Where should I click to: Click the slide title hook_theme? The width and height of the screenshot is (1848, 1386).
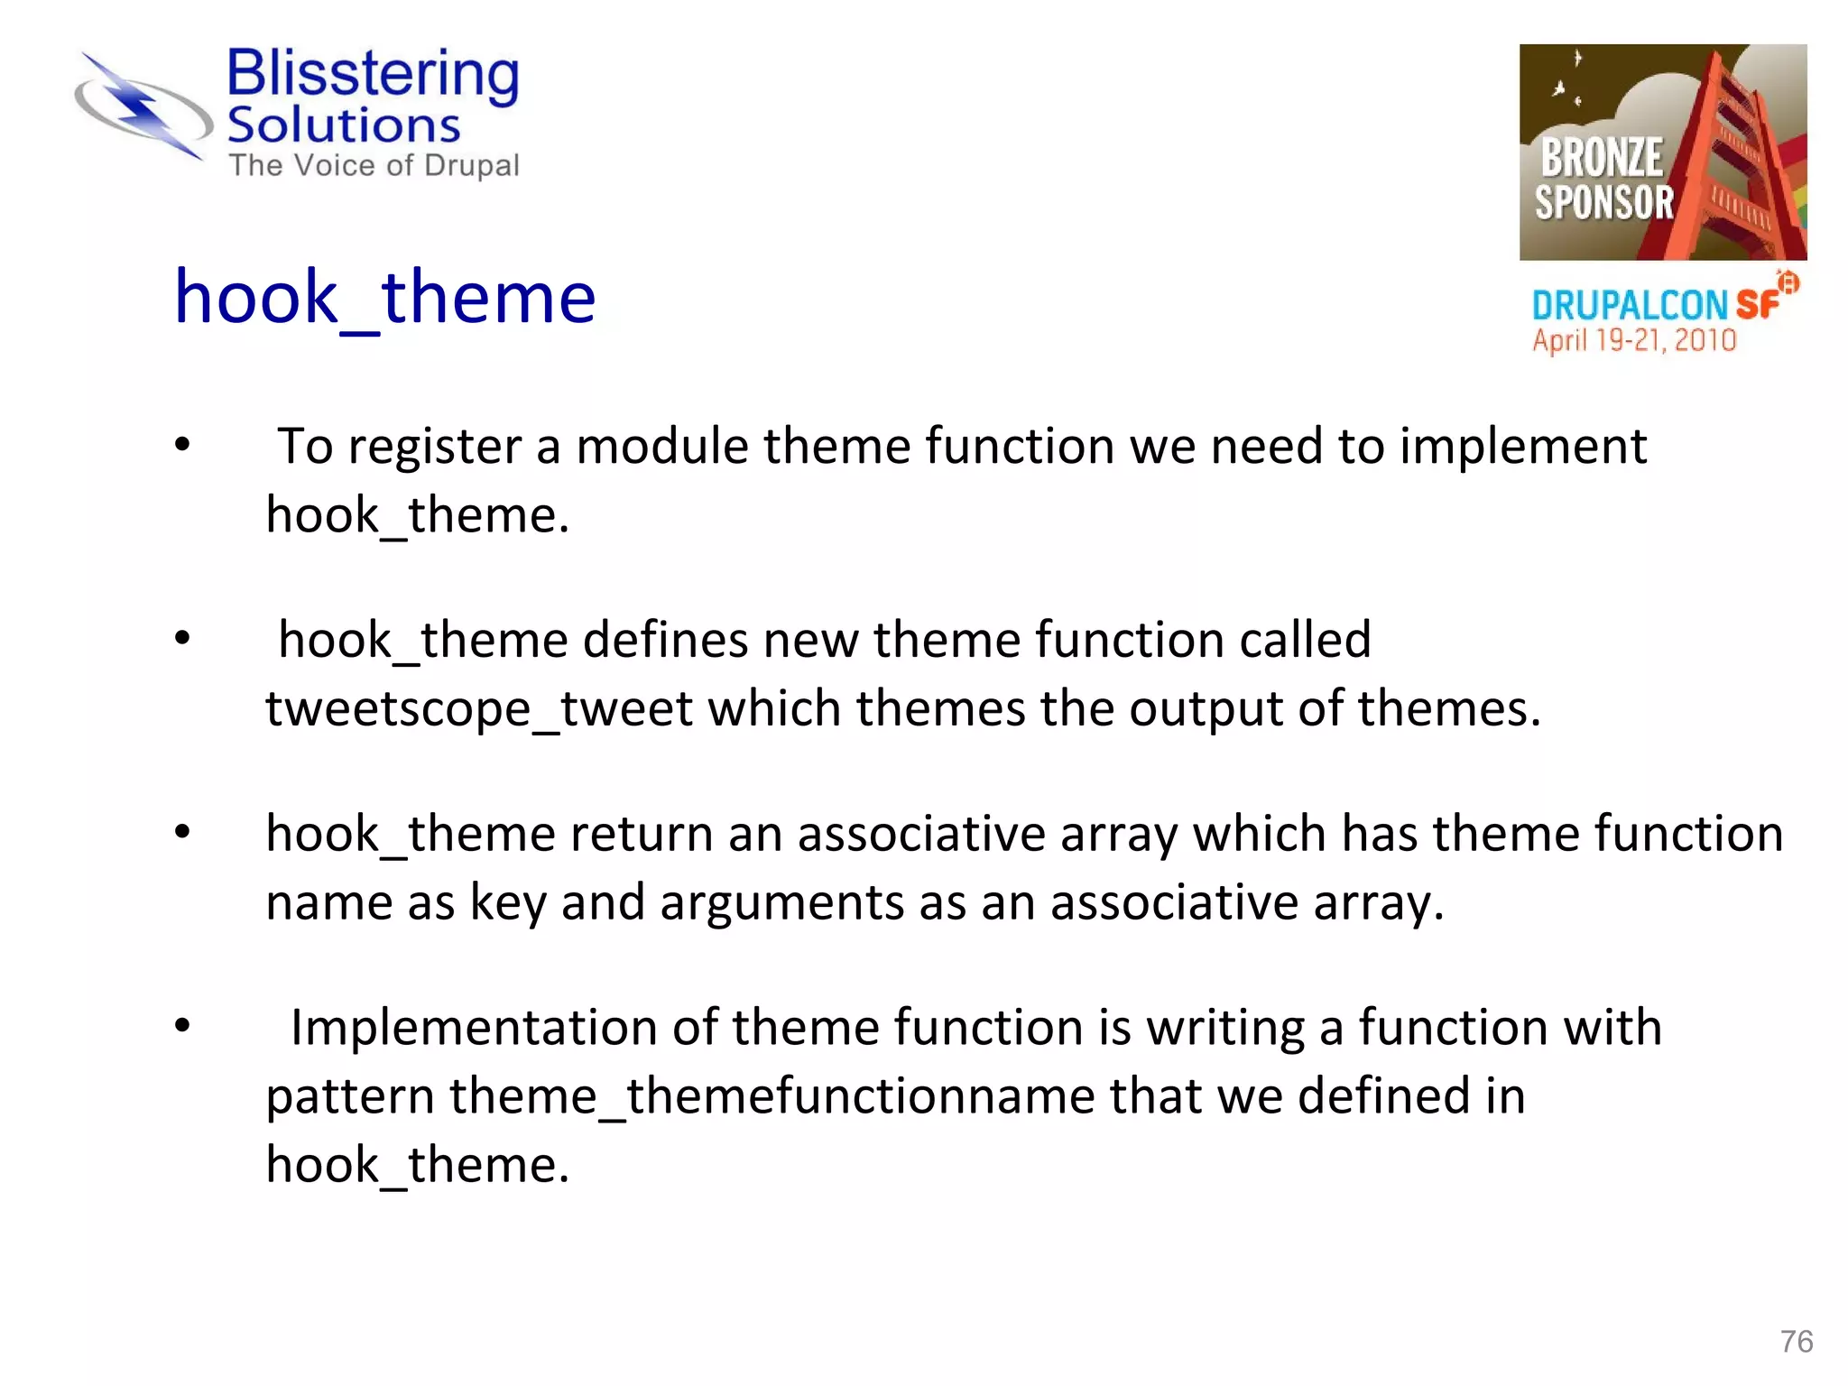coord(385,298)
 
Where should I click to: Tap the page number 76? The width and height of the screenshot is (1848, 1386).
coord(1796,1341)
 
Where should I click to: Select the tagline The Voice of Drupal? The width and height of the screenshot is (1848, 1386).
coord(374,166)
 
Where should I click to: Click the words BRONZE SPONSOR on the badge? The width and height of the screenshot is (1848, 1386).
coord(1603,179)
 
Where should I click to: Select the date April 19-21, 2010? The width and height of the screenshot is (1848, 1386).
coord(1633,341)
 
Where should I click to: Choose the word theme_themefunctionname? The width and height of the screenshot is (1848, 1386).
coord(772,1097)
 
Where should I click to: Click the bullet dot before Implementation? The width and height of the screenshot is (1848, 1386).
coord(183,1026)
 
